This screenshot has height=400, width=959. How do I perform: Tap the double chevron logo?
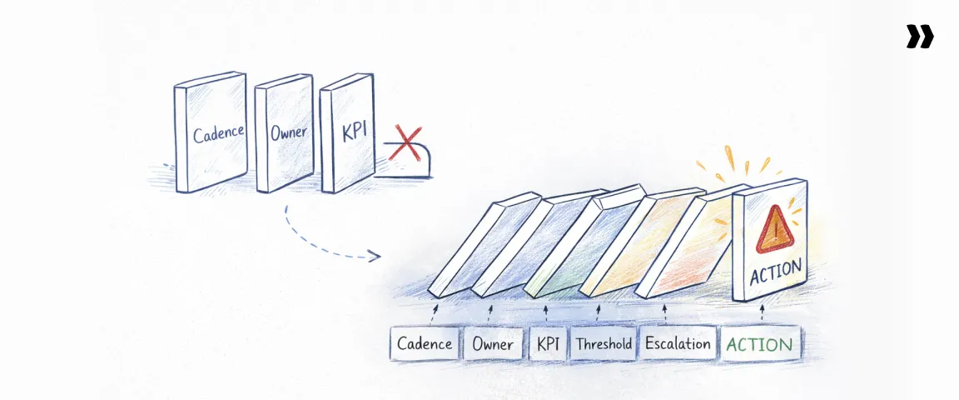(x=920, y=37)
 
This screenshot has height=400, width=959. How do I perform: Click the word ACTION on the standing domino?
(x=775, y=272)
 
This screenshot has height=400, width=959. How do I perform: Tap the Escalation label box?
(x=678, y=343)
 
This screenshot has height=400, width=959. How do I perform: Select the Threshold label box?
(x=604, y=344)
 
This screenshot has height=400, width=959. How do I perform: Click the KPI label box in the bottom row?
(x=547, y=344)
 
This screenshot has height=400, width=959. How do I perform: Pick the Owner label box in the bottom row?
(x=493, y=344)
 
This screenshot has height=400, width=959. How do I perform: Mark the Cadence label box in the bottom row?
(x=425, y=344)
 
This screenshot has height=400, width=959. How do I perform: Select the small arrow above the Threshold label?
(x=599, y=313)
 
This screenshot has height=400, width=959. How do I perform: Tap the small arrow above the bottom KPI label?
(x=546, y=313)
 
